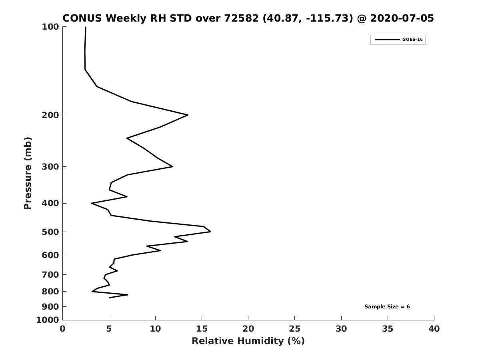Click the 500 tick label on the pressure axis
pos(50,232)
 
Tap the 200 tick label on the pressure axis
pos(50,115)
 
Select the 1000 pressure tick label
pos(48,320)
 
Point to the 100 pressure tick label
pos(50,27)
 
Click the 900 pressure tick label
pos(50,307)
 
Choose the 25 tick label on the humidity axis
pos(294,329)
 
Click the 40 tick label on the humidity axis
pos(434,329)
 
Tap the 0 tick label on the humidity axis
pos(62,329)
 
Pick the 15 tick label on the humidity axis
pos(202,329)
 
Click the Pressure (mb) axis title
pos(28,173)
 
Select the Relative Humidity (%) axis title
pos(248,341)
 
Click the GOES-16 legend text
pos(412,40)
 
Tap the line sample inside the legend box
pos(387,40)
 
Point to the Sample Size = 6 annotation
pos(387,307)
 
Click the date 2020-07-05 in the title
pos(402,18)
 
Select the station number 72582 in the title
pos(242,18)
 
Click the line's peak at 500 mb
pos(210,232)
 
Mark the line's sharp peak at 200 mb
pos(188,115)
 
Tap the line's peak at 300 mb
pos(172,166)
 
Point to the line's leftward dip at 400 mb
pos(92,203)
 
